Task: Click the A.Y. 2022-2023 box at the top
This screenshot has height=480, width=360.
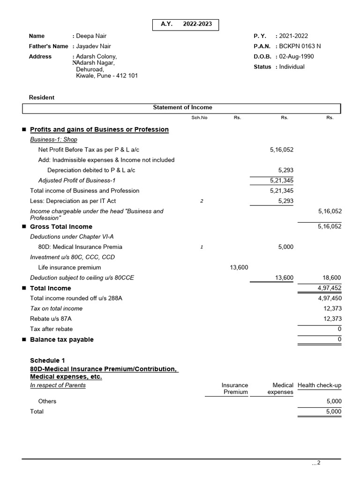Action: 186,25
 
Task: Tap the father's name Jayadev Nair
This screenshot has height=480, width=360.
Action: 93,46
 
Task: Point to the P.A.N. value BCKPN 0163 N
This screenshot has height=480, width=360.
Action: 300,46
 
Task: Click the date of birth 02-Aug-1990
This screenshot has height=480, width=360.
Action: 296,57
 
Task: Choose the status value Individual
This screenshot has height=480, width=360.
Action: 292,67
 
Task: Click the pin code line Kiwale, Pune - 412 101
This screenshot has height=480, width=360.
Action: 107,76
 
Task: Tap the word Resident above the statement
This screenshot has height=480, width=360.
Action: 42,97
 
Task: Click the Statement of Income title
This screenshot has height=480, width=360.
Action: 182,108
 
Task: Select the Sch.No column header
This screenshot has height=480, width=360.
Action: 199,118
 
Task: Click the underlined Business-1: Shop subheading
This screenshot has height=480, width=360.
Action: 53,140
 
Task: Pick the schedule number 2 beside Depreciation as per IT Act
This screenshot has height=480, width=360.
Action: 202,201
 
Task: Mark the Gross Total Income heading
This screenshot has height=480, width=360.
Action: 61,227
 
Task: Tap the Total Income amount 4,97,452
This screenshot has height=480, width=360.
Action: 330,288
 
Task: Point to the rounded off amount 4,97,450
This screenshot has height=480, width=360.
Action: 330,299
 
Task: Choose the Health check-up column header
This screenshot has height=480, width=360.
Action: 319,386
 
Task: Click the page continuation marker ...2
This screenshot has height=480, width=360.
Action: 316,464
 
